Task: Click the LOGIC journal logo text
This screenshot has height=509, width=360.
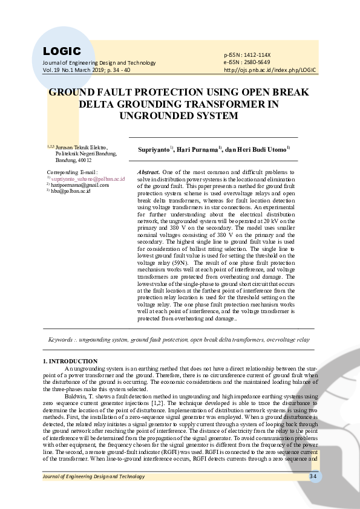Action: point(62,51)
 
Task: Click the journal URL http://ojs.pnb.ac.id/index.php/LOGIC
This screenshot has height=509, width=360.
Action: point(270,70)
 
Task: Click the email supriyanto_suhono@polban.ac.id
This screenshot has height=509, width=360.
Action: point(88,179)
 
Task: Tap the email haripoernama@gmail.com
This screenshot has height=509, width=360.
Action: point(79,185)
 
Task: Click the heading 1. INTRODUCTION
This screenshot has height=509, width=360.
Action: point(67,361)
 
